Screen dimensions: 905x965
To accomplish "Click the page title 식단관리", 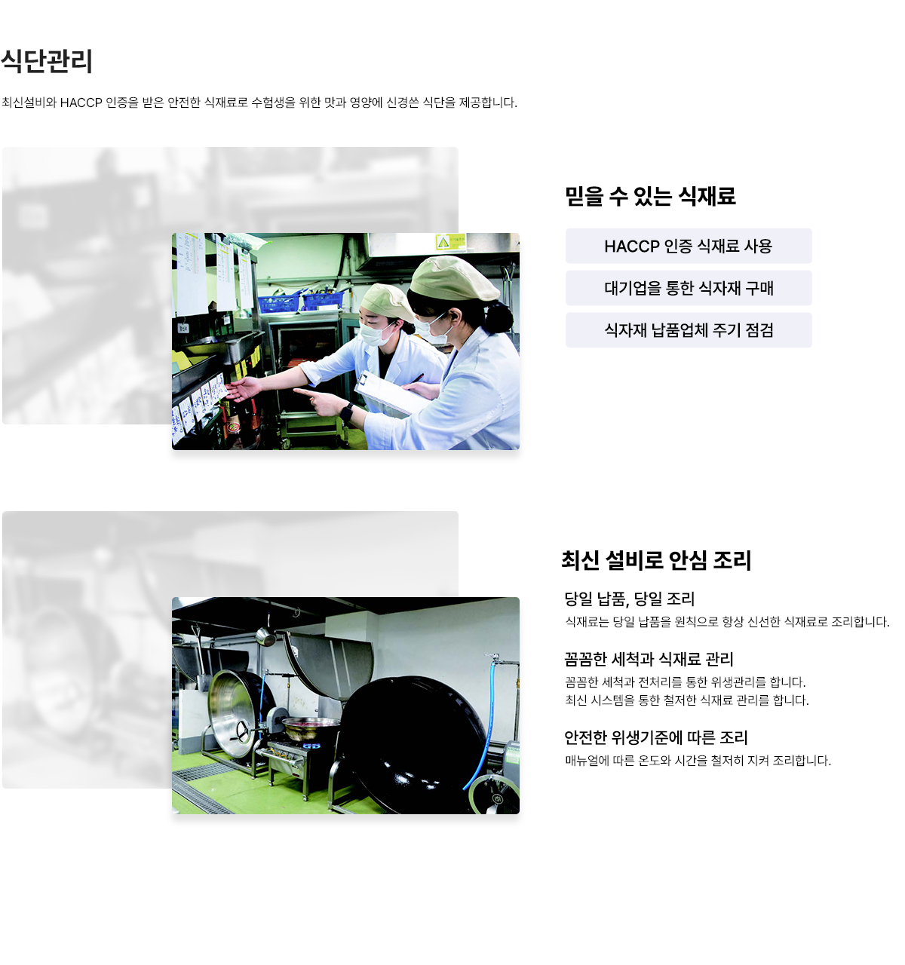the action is pyautogui.click(x=47, y=61).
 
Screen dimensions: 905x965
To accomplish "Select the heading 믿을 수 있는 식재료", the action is pyautogui.click(x=649, y=196).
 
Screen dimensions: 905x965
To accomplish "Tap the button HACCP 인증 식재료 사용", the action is pyautogui.click(x=688, y=246).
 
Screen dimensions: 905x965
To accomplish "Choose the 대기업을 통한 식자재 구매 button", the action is pyautogui.click(x=688, y=288).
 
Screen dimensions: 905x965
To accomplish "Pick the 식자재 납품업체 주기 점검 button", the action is pyautogui.click(x=688, y=330).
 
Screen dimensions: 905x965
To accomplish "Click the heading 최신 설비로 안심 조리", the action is pyautogui.click(x=656, y=559).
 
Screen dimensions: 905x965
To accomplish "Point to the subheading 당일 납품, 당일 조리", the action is pyautogui.click(x=629, y=599).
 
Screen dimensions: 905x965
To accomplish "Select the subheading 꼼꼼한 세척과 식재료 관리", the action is pyautogui.click(x=649, y=659).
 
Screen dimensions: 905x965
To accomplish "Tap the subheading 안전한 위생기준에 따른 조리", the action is pyautogui.click(x=655, y=737).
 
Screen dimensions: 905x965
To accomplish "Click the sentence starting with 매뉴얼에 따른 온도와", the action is pyautogui.click(x=698, y=761).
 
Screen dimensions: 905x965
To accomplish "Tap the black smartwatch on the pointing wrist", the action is pyautogui.click(x=346, y=412).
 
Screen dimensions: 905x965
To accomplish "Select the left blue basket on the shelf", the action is pyautogui.click(x=278, y=304).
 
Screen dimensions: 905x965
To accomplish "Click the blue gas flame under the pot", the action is pyautogui.click(x=311, y=746).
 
